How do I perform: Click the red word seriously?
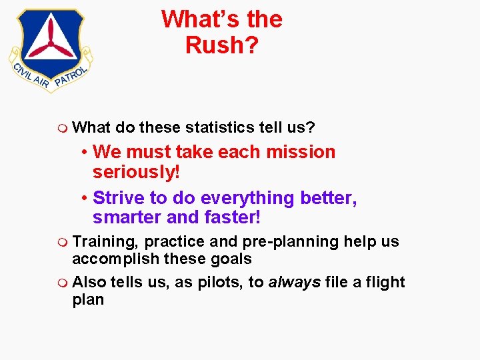(x=137, y=171)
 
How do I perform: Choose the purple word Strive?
(x=117, y=198)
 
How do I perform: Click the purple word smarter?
(x=127, y=217)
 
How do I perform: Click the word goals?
(x=230, y=259)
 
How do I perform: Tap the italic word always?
(x=293, y=282)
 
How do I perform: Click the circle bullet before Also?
(x=62, y=283)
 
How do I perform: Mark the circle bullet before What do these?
(x=62, y=127)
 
